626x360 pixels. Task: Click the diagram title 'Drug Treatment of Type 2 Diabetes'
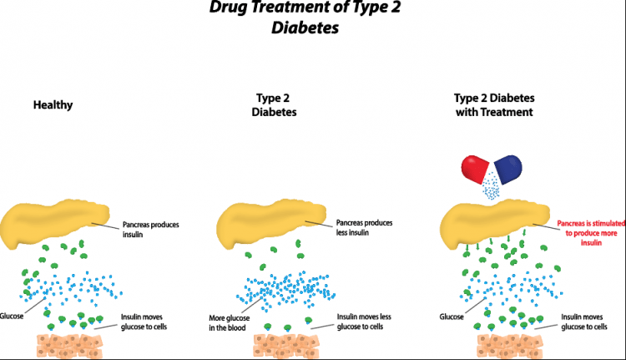coord(305,18)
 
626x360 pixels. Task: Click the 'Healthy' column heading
coord(53,105)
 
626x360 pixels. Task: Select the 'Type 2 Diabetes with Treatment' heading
coord(494,105)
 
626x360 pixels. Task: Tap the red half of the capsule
coord(474,169)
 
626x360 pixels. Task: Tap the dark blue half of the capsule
coord(508,170)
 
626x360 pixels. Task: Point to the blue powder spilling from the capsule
coord(491,186)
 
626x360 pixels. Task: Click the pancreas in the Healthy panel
coord(54,221)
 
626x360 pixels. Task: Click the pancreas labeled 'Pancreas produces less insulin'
coord(270,221)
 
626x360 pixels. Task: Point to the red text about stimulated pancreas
coord(591,233)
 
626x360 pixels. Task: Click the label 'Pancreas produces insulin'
coord(150,230)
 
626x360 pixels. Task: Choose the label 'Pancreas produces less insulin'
coord(364,227)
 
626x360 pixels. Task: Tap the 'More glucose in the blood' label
coord(230,323)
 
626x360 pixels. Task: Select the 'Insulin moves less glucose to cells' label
coord(364,322)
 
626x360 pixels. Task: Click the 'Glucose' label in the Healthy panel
coord(12,316)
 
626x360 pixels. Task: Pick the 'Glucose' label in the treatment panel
coord(452,317)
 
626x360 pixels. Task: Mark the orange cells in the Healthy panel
coord(69,346)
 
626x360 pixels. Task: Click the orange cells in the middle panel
coord(286,346)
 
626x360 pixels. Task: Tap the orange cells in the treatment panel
coord(510,346)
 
